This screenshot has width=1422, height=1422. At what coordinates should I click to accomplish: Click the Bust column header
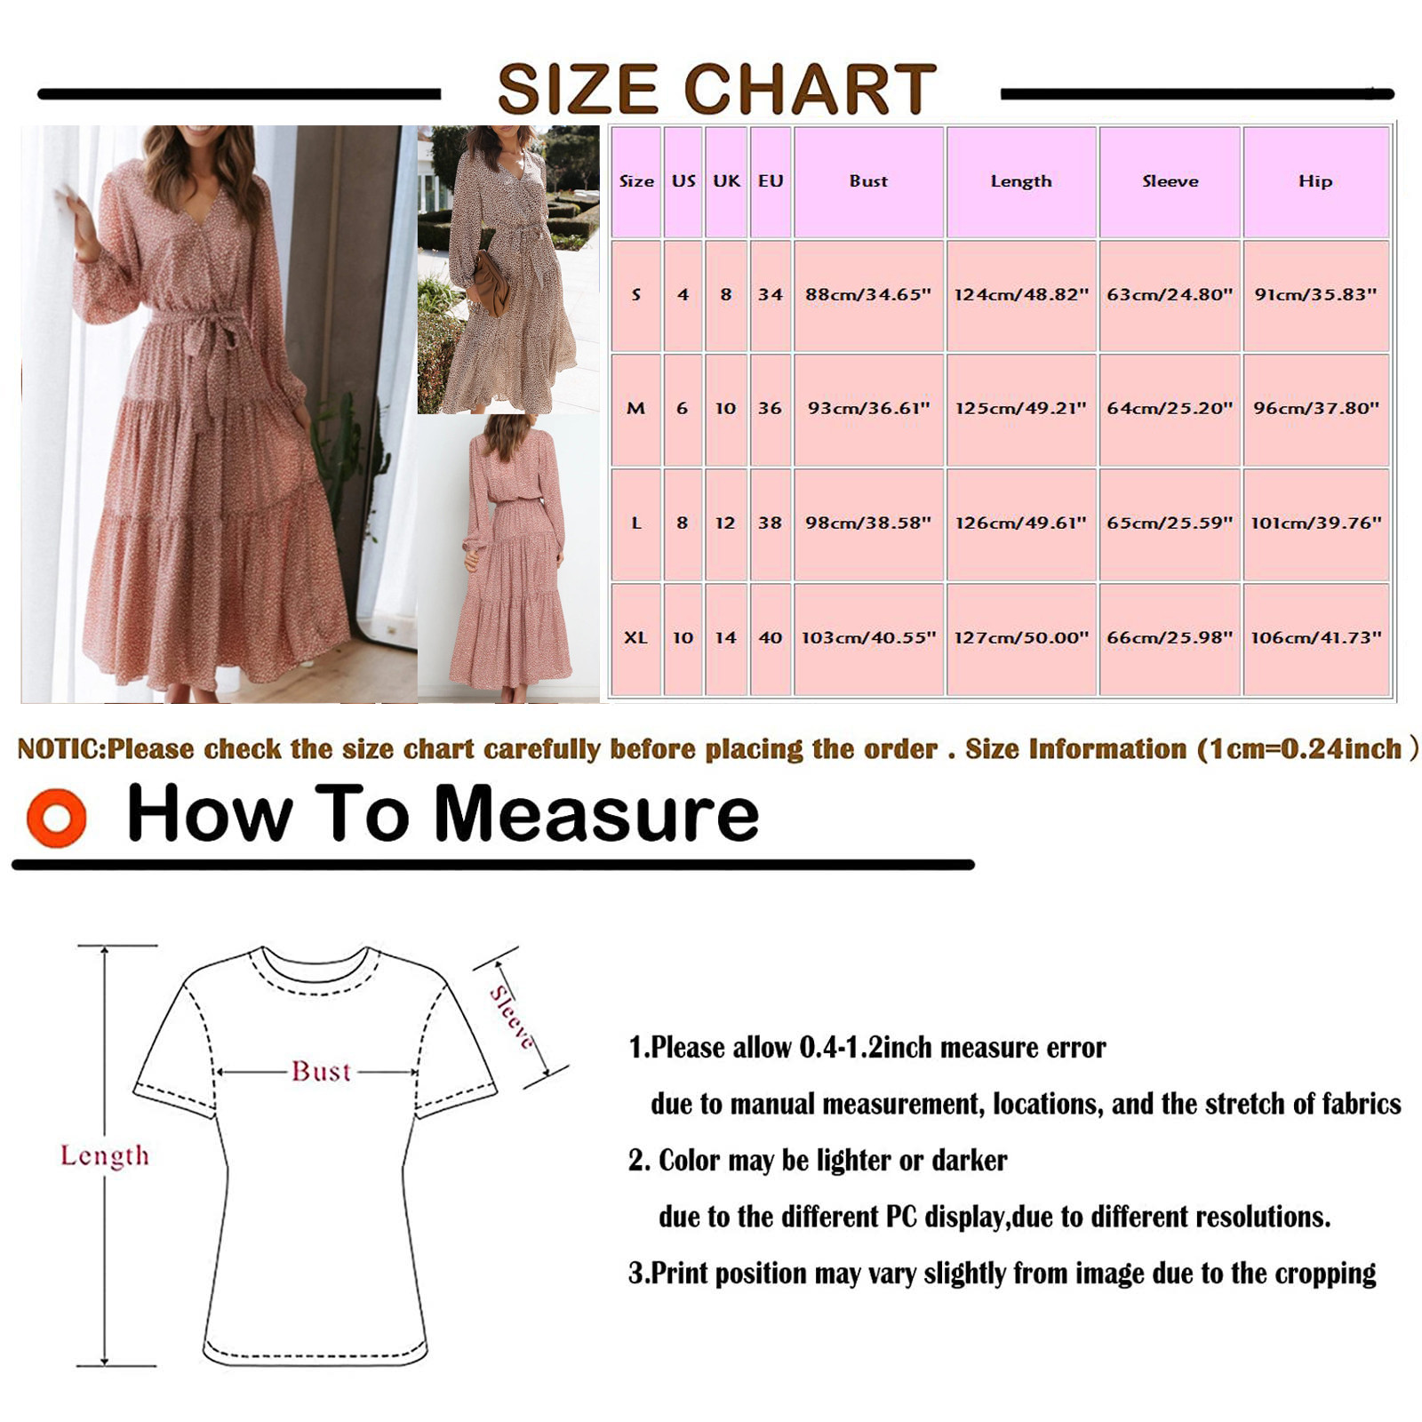point(868,181)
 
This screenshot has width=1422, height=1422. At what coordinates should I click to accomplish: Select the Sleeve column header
point(1170,181)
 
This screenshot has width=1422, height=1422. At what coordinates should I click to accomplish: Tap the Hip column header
point(1315,181)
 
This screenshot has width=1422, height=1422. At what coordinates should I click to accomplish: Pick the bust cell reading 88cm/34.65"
point(868,295)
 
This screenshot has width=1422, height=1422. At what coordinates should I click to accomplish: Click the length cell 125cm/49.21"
point(1021,409)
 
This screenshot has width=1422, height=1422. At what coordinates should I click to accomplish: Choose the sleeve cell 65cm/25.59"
point(1170,523)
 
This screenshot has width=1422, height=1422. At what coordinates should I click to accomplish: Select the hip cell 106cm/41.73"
point(1316,638)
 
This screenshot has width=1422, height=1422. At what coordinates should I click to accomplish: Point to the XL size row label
point(635,638)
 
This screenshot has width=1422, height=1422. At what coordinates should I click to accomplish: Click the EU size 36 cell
point(770,409)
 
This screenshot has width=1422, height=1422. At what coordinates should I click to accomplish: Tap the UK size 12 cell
point(725,523)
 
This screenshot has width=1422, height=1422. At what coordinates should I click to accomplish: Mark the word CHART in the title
point(810,90)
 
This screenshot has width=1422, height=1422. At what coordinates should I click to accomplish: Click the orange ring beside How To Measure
point(57,818)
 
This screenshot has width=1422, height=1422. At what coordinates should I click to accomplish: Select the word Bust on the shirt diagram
point(322,1072)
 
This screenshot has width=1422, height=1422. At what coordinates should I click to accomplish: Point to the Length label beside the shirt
point(105,1155)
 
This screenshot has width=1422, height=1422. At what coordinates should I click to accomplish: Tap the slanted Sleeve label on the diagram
point(513,1018)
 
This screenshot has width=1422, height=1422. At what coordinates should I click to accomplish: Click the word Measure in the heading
point(596,814)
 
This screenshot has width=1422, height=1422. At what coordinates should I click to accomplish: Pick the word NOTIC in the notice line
point(60,749)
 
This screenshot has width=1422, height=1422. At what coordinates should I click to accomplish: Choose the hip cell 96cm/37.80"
point(1316,409)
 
